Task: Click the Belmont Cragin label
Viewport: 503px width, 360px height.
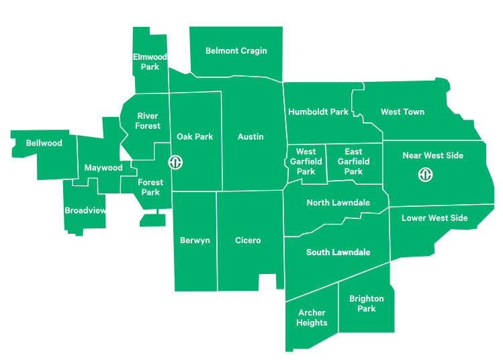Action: coord(236,51)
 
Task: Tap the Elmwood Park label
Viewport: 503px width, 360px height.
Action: coord(150,62)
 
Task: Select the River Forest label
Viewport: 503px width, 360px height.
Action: coord(148,121)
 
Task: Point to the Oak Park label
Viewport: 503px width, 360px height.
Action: coord(195,137)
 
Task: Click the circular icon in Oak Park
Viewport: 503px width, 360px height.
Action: coord(175,163)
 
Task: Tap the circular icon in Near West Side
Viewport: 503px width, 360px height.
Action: coord(425,175)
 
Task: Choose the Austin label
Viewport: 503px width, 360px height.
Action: coord(250,137)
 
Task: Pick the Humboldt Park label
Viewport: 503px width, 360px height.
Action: coord(318,112)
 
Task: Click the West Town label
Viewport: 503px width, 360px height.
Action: coord(402,112)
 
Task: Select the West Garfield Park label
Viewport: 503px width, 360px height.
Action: coord(306,162)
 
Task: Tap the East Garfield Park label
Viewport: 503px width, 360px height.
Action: coord(353,162)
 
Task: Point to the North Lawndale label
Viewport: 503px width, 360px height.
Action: coord(338,203)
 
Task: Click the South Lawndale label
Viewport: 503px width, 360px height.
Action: coord(338,253)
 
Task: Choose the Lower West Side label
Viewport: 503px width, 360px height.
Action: coord(435,218)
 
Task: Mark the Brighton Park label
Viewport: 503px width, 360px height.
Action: coord(367,304)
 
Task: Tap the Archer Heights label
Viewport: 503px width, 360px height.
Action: coord(312,318)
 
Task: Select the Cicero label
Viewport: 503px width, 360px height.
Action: coord(248,240)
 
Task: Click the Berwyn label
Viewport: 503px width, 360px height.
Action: coord(195,240)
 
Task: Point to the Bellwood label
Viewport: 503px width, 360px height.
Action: coord(44,143)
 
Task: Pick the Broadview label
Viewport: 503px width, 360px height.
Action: coord(85,211)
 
